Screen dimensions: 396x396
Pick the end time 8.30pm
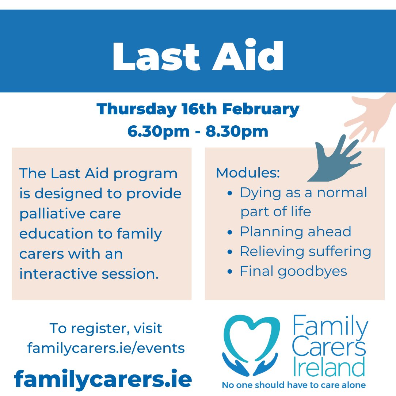point(238,131)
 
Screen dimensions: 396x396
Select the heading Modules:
point(248,173)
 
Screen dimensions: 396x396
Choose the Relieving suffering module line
point(305,251)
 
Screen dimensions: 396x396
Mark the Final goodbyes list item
point(293,271)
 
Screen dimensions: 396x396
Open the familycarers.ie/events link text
point(106,348)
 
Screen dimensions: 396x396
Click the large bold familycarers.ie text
point(103,379)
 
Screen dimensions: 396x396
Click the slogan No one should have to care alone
point(294,385)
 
